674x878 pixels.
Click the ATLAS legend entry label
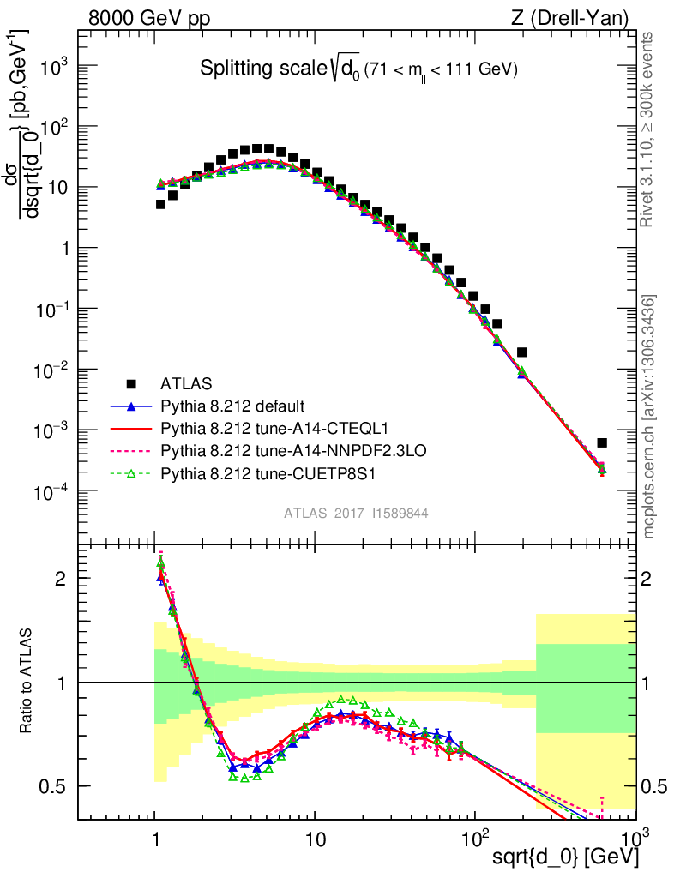coord(186,383)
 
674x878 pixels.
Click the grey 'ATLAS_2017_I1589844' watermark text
coord(357,513)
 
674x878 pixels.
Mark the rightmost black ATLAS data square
coord(602,442)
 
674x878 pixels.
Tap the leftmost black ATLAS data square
coord(160,204)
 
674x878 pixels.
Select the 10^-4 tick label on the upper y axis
coord(53,492)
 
